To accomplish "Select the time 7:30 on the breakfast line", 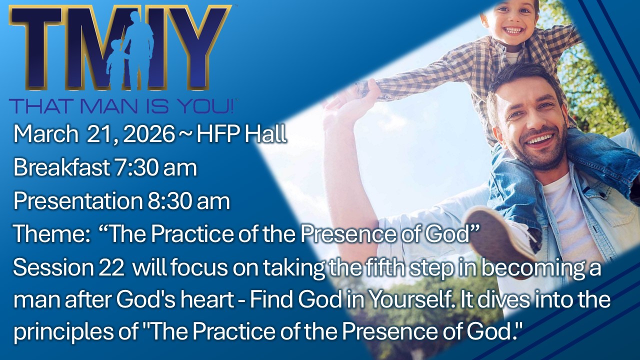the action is coord(136,167).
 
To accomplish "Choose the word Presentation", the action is coord(78,200).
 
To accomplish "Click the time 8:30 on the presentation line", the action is coord(169,201).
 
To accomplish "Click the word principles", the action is coord(63,332).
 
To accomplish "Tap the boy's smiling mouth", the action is coord(513,30).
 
